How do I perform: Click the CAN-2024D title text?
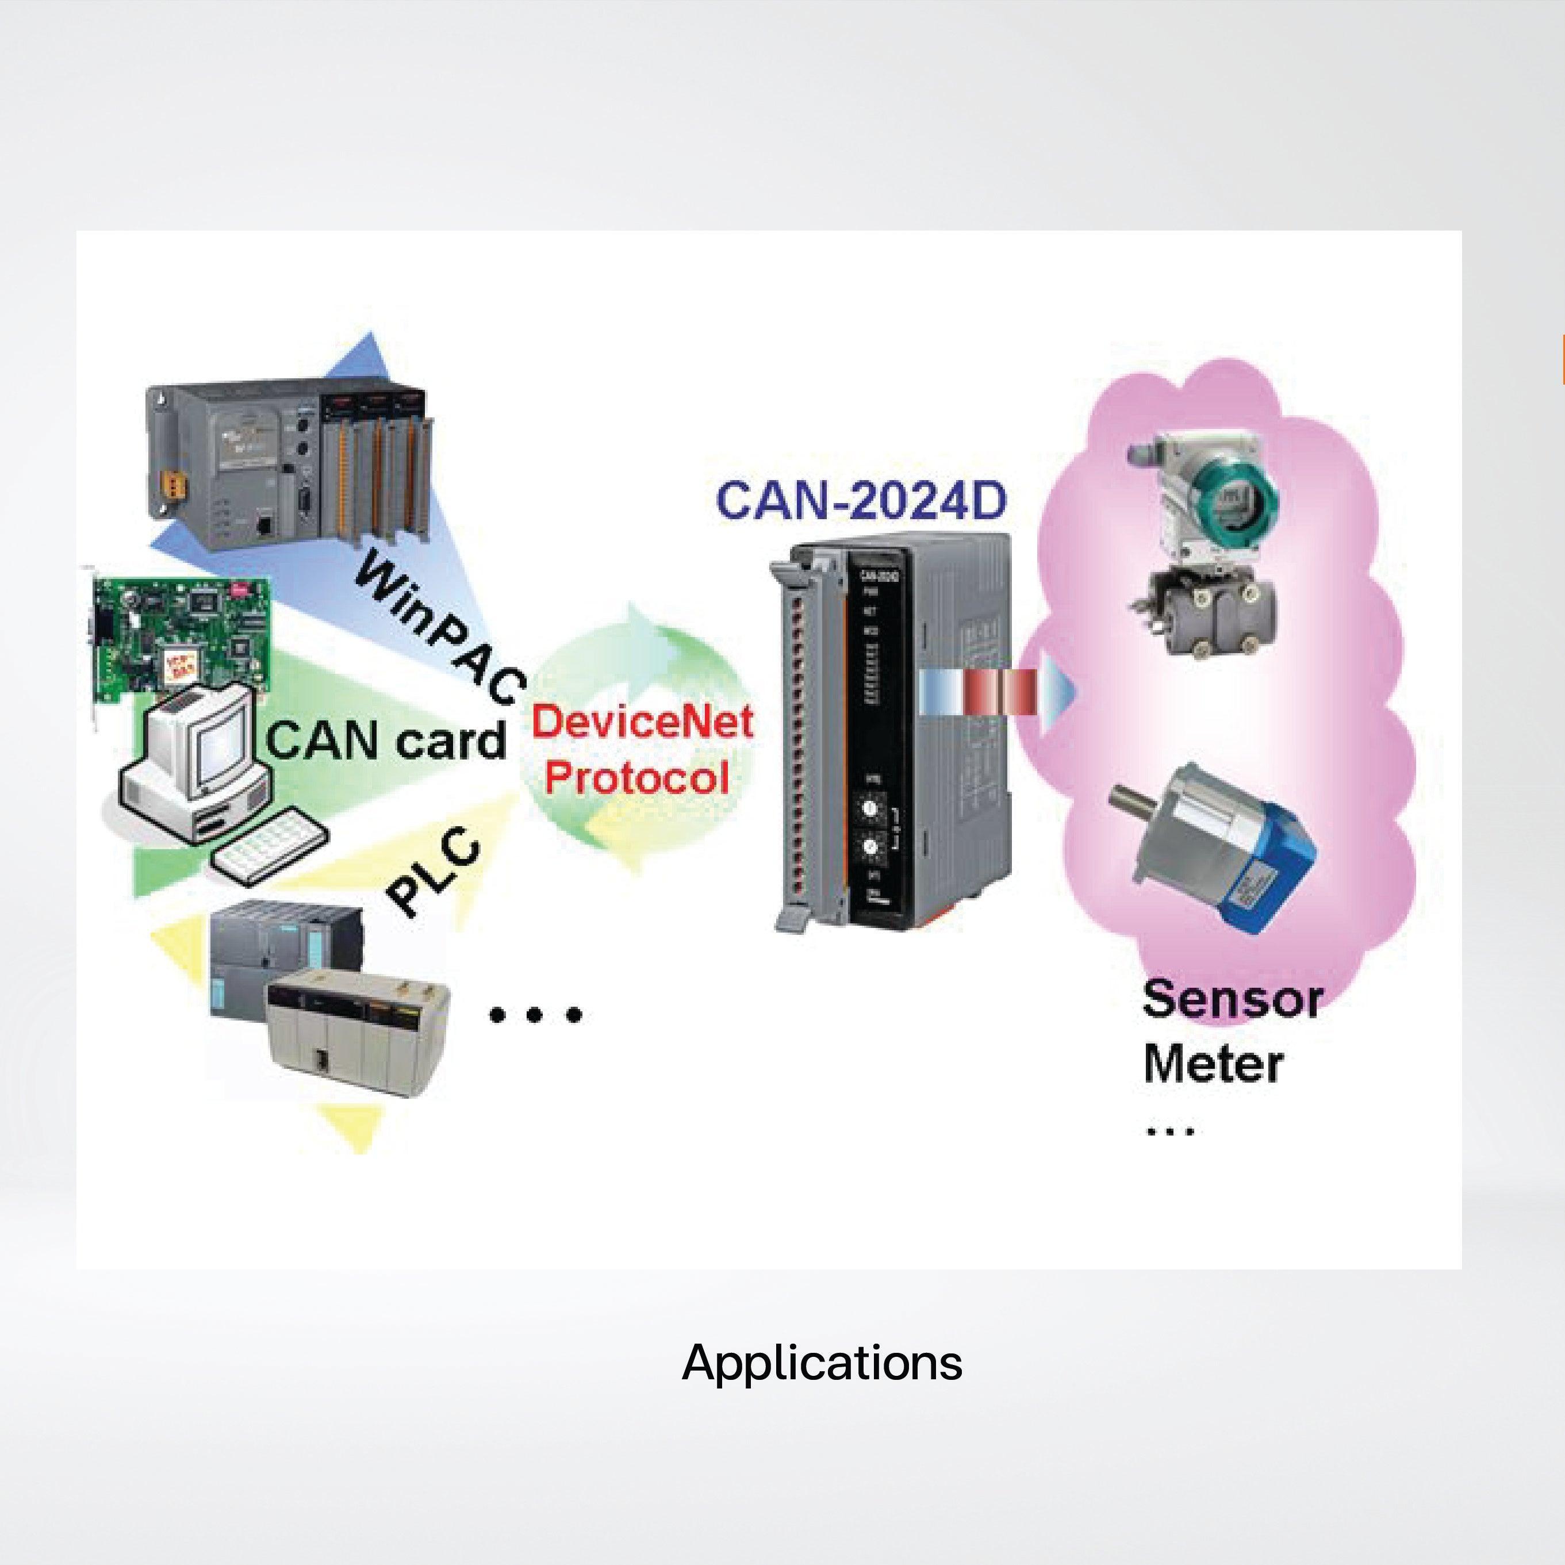[x=862, y=500]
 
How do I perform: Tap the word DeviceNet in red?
[x=642, y=721]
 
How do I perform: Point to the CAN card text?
[x=386, y=739]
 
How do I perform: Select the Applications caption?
[x=822, y=1363]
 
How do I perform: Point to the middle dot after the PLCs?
[x=534, y=1014]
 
